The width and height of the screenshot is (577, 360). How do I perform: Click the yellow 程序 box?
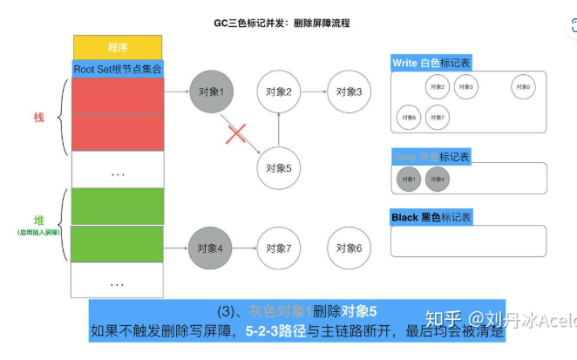118,47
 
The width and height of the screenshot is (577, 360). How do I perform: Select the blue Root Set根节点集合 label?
118,68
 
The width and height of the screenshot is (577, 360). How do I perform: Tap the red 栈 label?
38,117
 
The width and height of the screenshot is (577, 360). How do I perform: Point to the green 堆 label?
38,221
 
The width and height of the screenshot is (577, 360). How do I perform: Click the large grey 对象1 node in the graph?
212,92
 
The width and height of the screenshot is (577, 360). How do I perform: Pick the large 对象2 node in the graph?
278,92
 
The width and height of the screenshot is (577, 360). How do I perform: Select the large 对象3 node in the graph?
346,92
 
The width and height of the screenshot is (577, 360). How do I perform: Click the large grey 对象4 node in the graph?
212,248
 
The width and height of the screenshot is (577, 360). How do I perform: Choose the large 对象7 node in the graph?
278,248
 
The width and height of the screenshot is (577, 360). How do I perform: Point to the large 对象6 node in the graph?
346,248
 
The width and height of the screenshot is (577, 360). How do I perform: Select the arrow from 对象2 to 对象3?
312,92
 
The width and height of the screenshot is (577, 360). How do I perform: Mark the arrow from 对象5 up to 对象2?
278,130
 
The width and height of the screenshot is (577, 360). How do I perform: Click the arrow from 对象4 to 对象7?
245,248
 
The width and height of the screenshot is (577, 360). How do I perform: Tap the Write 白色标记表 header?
432,63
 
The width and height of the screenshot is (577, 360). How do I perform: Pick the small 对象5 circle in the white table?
523,86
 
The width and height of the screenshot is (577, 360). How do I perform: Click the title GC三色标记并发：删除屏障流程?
288,22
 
